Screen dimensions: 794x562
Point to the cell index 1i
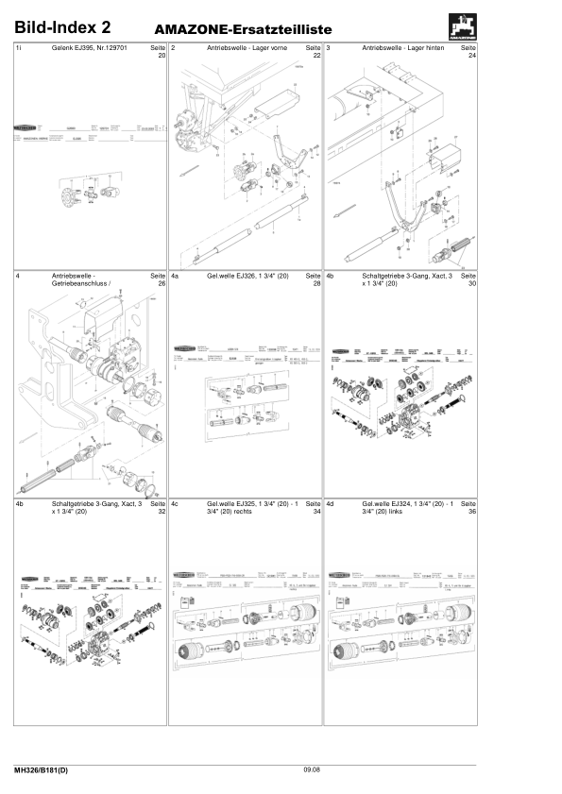[20, 47]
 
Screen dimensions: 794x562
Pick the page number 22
[316, 56]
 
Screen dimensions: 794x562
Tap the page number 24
[472, 56]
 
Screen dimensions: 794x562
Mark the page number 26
[161, 284]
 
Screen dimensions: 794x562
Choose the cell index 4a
[175, 276]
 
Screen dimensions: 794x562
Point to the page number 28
[316, 284]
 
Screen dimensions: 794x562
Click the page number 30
[472, 284]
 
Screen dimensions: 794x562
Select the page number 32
[161, 513]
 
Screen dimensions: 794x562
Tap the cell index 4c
[175, 504]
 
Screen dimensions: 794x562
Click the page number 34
[316, 513]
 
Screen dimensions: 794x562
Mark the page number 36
[472, 513]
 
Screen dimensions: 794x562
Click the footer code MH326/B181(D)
[41, 771]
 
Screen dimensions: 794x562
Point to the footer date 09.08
[312, 771]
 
